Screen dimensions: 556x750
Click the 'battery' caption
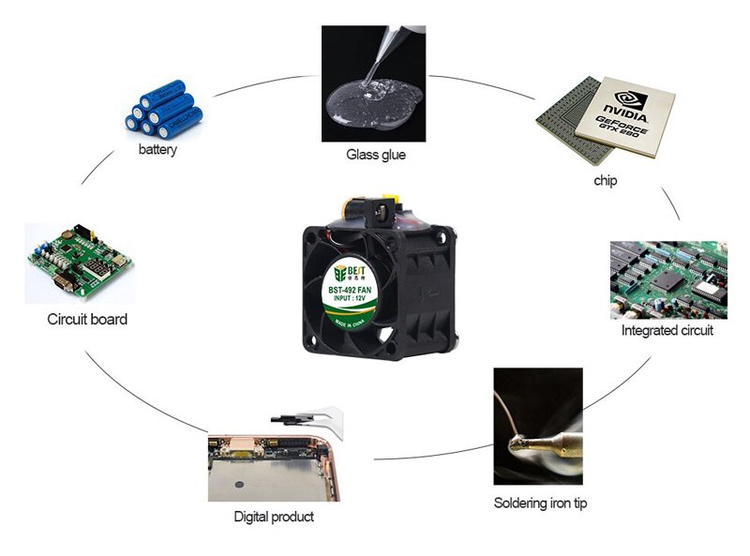coord(157,149)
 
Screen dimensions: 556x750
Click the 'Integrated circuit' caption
coord(667,331)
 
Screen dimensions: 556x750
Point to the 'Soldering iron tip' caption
coord(540,503)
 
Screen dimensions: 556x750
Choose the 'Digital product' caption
coord(273,516)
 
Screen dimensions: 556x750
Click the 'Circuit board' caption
coord(87,319)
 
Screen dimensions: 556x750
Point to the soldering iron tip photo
coord(538,426)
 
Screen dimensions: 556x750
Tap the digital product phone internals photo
coord(271,459)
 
